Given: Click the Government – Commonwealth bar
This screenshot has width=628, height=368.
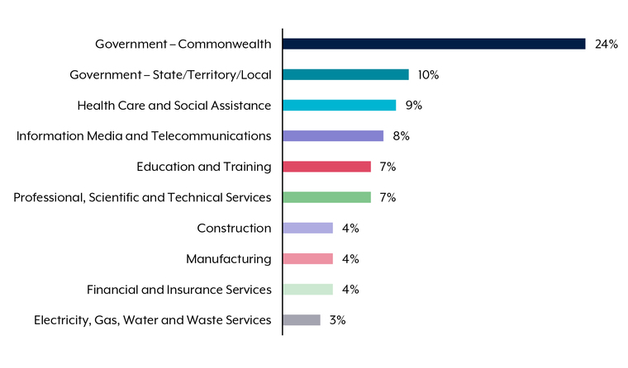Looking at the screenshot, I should [x=434, y=44].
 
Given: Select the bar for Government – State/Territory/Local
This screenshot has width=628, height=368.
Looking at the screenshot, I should [x=345, y=74].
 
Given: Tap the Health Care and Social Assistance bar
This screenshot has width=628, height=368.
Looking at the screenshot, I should [x=339, y=105].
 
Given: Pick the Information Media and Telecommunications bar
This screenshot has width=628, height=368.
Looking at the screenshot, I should [x=333, y=135].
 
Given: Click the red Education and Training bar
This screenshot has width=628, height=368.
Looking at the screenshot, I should [x=326, y=167].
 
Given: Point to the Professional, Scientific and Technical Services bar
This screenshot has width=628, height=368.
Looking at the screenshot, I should [x=326, y=197].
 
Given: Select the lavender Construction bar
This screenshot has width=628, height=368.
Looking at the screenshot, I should [x=307, y=228].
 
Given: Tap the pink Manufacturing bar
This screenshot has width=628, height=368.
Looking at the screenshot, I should [x=307, y=258].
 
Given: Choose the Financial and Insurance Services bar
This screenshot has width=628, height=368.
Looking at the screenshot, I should [x=307, y=289].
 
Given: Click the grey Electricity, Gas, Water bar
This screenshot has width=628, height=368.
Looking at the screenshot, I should [x=301, y=319].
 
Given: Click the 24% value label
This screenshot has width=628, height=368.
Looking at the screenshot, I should [x=606, y=44].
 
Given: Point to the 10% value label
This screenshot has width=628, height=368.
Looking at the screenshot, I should [x=428, y=74].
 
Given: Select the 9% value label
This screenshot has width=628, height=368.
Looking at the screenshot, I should [x=413, y=105].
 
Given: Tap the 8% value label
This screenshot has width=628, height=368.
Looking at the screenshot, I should [x=401, y=135].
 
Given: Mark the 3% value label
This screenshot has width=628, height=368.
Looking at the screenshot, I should [x=337, y=319].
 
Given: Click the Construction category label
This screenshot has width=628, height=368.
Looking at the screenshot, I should [x=234, y=228].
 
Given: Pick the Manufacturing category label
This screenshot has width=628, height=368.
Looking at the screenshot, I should [x=228, y=258].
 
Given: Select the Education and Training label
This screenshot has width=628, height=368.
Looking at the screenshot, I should [x=203, y=167].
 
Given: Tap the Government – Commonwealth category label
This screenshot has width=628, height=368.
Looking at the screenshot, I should [x=183, y=44].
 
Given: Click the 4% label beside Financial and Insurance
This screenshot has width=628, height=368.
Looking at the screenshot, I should [x=350, y=289].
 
